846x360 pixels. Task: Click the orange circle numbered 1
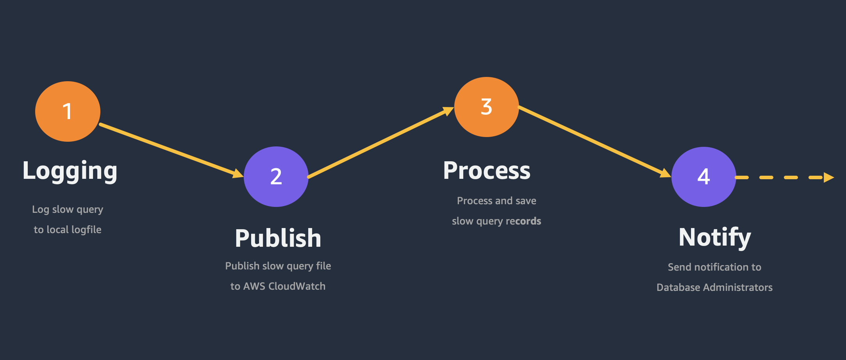68,111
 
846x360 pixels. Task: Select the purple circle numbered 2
276,176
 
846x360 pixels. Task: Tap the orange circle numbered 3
487,107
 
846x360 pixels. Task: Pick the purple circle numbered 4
704,177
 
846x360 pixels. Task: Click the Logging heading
70,171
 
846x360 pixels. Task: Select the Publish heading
278,238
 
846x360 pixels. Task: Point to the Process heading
487,171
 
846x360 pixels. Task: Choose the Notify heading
715,237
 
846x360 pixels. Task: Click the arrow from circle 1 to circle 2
171,150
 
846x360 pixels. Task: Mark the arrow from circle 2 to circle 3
381,142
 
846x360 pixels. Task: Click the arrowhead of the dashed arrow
828,177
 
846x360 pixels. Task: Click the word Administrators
738,287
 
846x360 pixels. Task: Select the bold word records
523,221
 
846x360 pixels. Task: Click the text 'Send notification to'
714,267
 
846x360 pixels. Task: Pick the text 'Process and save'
496,201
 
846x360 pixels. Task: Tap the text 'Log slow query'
68,210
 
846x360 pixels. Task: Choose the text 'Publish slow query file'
278,266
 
